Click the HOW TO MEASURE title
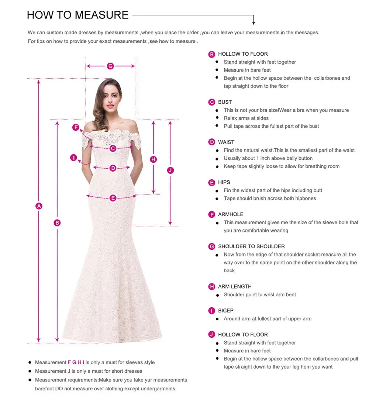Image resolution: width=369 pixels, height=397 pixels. (x=78, y=15)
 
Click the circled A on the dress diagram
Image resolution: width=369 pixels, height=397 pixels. (x=39, y=206)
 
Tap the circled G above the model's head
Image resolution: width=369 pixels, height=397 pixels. (x=110, y=66)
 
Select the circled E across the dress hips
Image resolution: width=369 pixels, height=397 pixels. (x=113, y=198)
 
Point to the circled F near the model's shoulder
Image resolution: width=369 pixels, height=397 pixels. (x=76, y=128)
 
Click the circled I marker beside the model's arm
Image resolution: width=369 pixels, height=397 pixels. (x=74, y=158)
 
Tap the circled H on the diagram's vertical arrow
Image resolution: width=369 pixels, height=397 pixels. (x=154, y=159)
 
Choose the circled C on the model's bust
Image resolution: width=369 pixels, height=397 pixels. (x=113, y=148)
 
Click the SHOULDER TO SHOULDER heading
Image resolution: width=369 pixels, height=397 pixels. (x=251, y=246)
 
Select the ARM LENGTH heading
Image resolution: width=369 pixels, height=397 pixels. (x=235, y=286)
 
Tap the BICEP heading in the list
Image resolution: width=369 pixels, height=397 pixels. (x=225, y=311)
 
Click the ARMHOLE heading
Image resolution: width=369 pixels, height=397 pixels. (x=231, y=214)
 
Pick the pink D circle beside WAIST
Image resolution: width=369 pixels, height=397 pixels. (x=212, y=142)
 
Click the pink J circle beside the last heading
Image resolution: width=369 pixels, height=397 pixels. (x=212, y=335)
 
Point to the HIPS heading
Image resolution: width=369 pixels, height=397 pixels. (x=224, y=182)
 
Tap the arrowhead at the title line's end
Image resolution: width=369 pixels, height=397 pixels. (x=254, y=23)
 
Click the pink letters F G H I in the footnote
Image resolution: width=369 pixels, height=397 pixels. (x=76, y=362)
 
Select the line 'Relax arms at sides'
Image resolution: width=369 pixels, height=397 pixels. (x=246, y=118)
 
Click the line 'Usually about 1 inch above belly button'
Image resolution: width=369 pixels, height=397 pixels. (x=268, y=158)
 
